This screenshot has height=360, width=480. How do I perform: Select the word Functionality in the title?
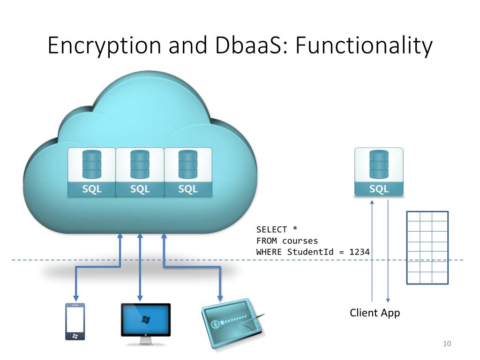363,46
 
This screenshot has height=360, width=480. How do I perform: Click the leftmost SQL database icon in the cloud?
91,172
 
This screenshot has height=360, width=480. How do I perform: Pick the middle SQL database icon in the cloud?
140,172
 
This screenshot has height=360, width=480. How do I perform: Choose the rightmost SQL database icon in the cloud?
188,172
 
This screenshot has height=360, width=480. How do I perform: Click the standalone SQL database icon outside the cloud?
379,172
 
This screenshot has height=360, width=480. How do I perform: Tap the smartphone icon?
75,322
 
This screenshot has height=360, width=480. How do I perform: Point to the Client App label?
375,313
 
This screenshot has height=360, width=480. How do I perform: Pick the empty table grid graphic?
427,247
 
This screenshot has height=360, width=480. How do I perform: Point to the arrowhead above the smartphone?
75,299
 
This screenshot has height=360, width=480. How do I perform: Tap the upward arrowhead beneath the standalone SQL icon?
372,203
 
